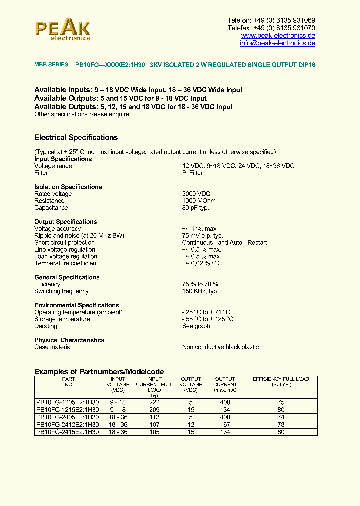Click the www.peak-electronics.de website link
[278, 36]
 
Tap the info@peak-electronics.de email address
[277, 43]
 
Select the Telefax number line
[271, 28]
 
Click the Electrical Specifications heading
[76, 138]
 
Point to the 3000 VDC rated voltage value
[196, 194]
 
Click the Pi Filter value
[192, 173]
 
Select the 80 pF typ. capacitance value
[195, 208]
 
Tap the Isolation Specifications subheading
[68, 187]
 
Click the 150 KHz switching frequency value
[200, 291]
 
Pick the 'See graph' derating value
[196, 326]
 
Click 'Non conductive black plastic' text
[220, 347]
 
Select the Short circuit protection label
[64, 243]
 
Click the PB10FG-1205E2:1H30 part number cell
[68, 402]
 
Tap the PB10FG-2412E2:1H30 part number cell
[68, 425]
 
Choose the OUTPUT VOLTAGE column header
[191, 384]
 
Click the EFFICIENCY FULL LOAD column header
[281, 382]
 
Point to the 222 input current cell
[154, 402]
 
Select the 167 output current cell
[225, 425]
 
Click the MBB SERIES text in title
[51, 65]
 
